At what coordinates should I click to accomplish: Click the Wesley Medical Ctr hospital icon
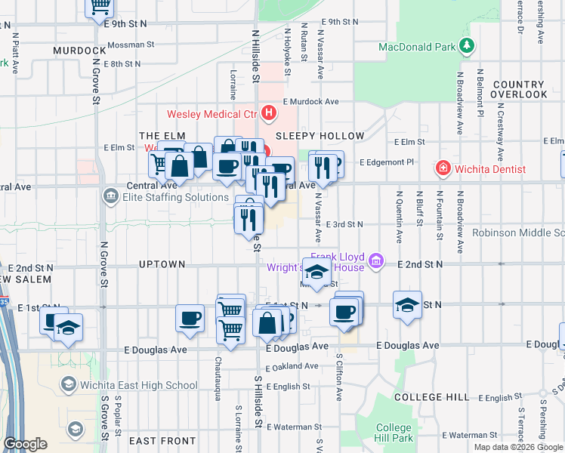[268, 114]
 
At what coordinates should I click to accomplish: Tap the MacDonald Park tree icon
[468, 46]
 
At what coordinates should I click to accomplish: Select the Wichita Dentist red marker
[444, 168]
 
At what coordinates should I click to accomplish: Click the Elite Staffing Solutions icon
[111, 197]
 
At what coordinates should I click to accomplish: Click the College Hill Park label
[394, 433]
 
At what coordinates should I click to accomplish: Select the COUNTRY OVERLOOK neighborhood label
[518, 90]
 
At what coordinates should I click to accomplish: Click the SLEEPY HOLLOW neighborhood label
[320, 136]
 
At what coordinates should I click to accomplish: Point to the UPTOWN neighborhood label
[162, 264]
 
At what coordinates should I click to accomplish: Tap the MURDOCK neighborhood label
[78, 50]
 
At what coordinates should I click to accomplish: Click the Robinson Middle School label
[518, 233]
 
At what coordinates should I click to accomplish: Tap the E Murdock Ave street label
[311, 100]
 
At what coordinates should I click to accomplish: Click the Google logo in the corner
[25, 444]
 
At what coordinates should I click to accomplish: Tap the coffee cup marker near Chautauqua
[190, 318]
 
